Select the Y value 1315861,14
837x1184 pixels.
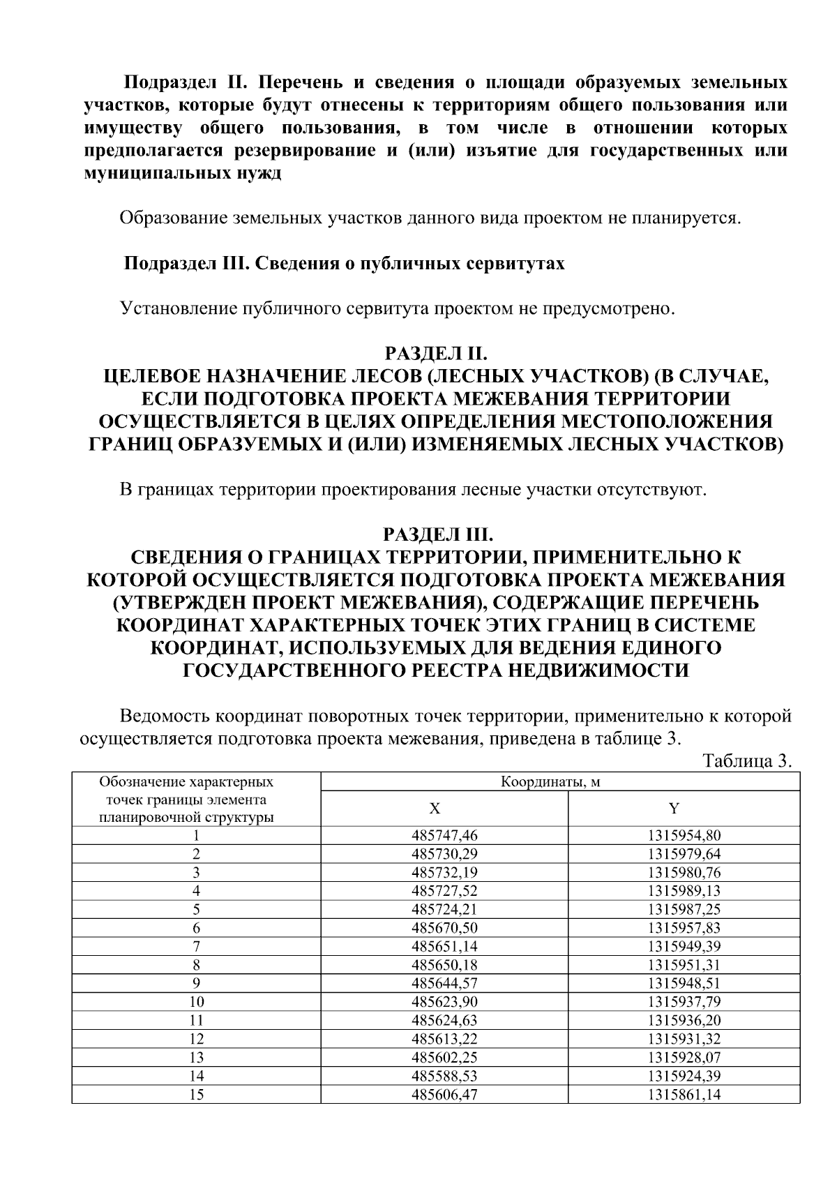click(684, 1095)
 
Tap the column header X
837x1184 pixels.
click(435, 809)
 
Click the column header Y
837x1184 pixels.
click(674, 809)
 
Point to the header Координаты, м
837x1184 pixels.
click(550, 781)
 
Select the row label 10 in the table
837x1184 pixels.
click(197, 1002)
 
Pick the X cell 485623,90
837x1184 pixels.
click(444, 1002)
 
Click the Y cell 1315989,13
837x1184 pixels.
click(684, 890)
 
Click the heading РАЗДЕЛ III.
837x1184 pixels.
click(439, 534)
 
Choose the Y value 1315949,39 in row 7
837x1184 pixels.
click(684, 946)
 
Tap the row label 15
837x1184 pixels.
click(197, 1095)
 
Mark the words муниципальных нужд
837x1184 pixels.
click(183, 173)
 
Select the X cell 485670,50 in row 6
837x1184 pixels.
click(444, 927)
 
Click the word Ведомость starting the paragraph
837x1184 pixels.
click(165, 717)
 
